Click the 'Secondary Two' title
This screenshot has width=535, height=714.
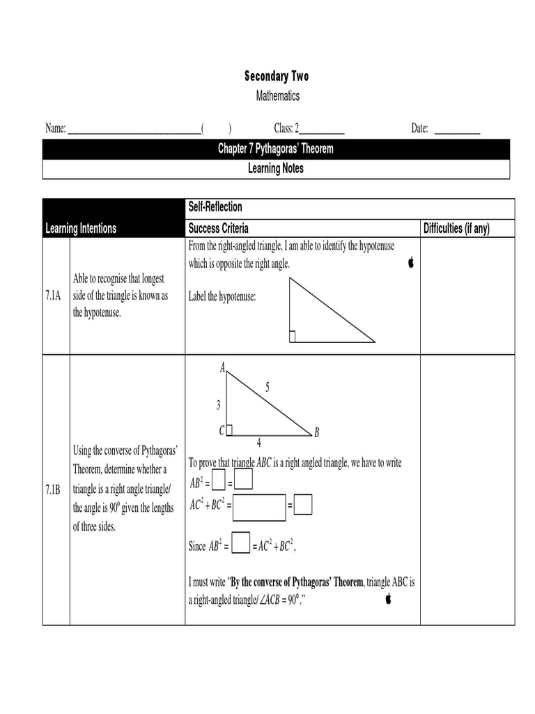coord(276,76)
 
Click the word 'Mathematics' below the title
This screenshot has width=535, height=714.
coord(276,96)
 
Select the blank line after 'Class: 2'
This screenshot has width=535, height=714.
coord(321,129)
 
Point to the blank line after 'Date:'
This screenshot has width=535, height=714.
coord(457,129)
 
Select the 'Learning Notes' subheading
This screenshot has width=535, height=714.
coord(276,169)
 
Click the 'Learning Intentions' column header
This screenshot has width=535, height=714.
coord(81,229)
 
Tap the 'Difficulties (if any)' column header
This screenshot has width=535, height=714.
coord(456,229)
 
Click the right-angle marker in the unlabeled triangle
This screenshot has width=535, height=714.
coord(293,337)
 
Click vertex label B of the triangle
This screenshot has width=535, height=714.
coord(316,433)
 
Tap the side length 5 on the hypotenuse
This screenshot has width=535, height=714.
coord(267,388)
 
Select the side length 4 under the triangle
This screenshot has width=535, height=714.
coord(258,443)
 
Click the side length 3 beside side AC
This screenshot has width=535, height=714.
coord(218,404)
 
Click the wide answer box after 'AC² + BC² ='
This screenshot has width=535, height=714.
coord(259,508)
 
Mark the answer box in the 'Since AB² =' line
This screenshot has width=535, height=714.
coord(240,543)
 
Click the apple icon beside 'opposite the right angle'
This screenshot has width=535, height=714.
coord(411,262)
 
